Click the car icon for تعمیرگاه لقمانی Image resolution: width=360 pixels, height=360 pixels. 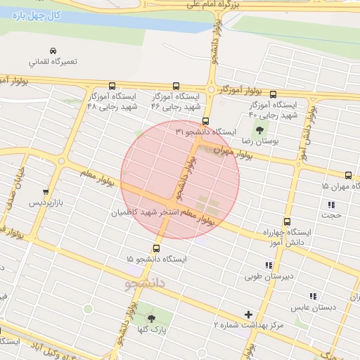(x=53, y=51)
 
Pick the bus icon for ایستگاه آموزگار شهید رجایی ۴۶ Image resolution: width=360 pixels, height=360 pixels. (x=176, y=85)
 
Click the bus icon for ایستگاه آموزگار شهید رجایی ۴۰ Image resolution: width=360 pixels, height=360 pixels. (x=273, y=94)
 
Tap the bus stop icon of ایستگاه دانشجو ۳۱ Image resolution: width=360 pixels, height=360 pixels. (x=205, y=121)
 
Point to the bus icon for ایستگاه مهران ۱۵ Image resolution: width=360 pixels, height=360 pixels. (x=348, y=175)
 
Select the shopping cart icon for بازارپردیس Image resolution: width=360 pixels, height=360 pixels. (x=46, y=191)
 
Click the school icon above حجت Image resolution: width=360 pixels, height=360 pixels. (x=330, y=205)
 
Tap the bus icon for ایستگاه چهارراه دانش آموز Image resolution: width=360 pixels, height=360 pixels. (x=286, y=221)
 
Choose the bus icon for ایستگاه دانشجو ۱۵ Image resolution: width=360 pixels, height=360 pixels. (x=155, y=248)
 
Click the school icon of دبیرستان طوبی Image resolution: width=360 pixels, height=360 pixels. (x=268, y=265)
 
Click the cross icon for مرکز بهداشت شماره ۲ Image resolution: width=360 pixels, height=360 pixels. (x=247, y=314)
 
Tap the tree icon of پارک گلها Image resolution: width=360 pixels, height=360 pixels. (x=150, y=318)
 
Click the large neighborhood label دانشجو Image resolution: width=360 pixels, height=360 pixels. (x=144, y=283)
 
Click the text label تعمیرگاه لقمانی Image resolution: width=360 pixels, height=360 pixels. (x=53, y=62)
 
